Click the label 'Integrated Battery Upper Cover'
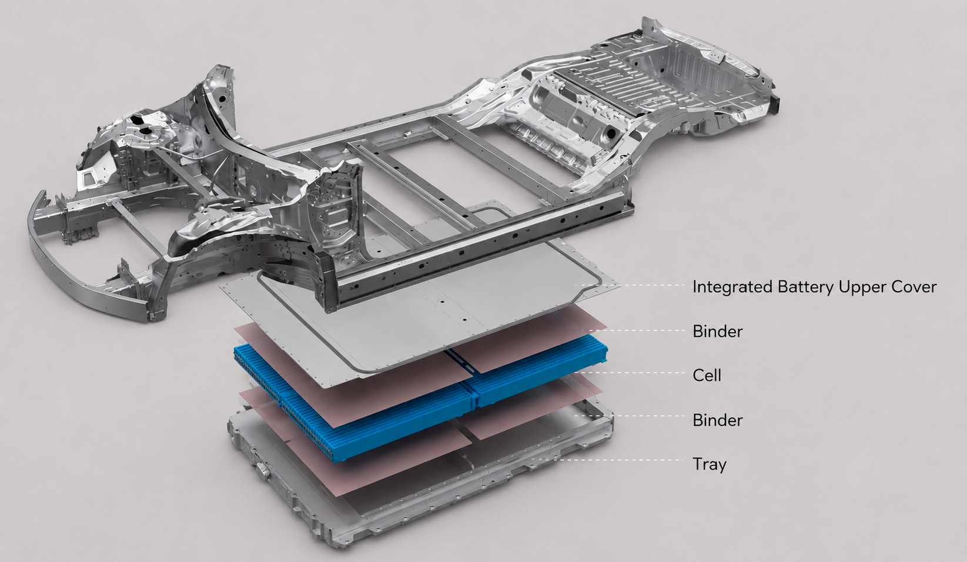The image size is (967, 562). (814, 287)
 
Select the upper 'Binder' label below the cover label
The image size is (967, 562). (718, 332)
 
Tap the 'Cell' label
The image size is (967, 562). (707, 376)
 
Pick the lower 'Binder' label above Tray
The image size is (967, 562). (718, 420)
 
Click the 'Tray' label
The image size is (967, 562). (710, 464)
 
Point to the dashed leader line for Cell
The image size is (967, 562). (630, 373)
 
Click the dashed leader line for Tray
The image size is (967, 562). (614, 460)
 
